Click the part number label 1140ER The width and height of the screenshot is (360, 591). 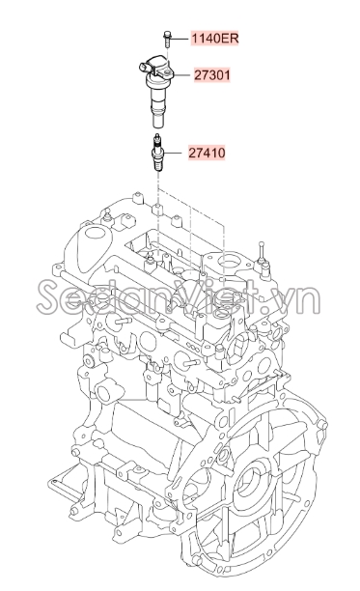pyautogui.click(x=215, y=38)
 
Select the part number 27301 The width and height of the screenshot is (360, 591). pyautogui.click(x=212, y=75)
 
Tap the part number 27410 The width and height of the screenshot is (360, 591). pyautogui.click(x=207, y=153)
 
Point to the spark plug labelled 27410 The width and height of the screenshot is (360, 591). pyautogui.click(x=157, y=153)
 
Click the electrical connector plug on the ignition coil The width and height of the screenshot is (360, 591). pyautogui.click(x=145, y=68)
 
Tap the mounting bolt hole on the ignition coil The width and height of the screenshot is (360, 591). pyautogui.click(x=167, y=71)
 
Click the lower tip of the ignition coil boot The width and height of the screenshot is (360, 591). pyautogui.click(x=158, y=123)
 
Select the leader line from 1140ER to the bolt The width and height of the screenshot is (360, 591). pyautogui.click(x=180, y=39)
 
